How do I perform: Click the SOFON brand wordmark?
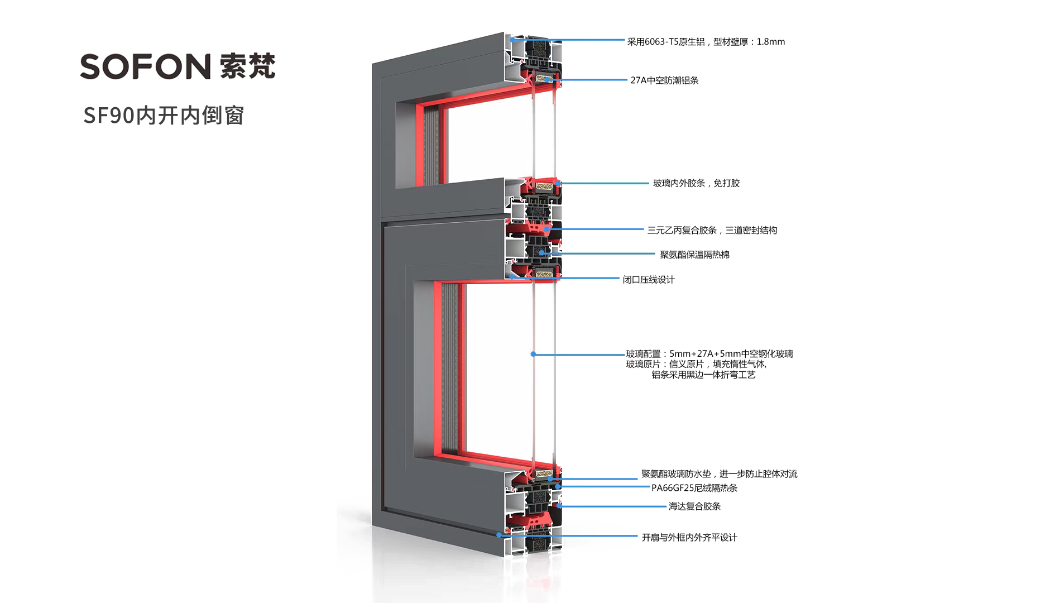(145, 66)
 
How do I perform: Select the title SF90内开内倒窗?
(164, 116)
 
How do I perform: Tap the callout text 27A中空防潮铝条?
(664, 80)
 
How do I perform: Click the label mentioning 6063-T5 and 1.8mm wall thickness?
(706, 42)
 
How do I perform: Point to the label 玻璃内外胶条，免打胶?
(696, 183)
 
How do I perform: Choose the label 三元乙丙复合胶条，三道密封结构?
(712, 230)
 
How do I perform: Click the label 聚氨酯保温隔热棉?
(694, 255)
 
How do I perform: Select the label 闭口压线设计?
(649, 280)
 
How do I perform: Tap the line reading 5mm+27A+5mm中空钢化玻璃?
(709, 353)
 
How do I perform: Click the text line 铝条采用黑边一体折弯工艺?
(703, 375)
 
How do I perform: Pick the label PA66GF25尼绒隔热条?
(694, 488)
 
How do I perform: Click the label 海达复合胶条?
(694, 506)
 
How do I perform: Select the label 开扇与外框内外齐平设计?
(689, 538)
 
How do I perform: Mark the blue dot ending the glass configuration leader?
(533, 354)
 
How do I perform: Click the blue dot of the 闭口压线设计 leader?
(512, 276)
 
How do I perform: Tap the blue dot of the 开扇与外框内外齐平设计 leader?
(499, 535)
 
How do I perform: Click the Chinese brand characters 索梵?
(247, 66)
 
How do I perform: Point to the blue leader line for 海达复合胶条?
(614, 506)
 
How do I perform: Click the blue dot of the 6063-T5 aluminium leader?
(512, 40)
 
